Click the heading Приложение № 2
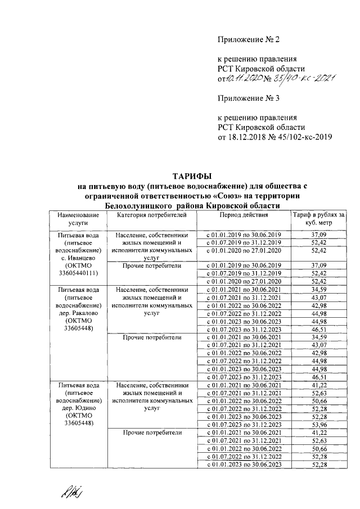tap(248, 39)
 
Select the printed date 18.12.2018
tap(245, 137)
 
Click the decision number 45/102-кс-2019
tap(304, 137)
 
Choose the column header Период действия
tap(244, 215)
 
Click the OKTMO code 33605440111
tap(79, 273)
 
